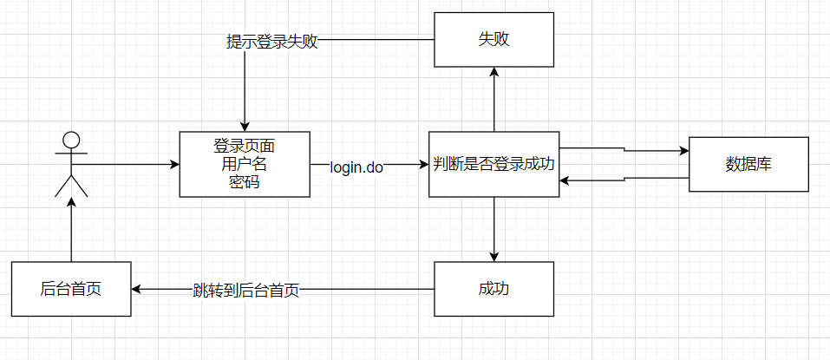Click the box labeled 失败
[x=493, y=40]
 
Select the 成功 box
[x=493, y=289]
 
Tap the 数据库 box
[x=748, y=164]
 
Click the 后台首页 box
[x=71, y=289]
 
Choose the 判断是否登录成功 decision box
[x=493, y=164]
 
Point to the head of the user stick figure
[x=71, y=139]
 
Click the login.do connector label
[x=356, y=167]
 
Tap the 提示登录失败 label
[x=271, y=41]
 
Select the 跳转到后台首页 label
[x=246, y=290]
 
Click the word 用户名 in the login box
[x=245, y=163]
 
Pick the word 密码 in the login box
[x=245, y=181]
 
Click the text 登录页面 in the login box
[x=245, y=145]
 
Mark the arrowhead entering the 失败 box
[x=493, y=73]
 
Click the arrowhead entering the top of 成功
[x=493, y=257]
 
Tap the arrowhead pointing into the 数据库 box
[x=683, y=151]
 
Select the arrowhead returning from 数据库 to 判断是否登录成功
[x=565, y=180]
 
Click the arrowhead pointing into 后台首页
[x=136, y=289]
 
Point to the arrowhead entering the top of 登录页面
[x=245, y=126]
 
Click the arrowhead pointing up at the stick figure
[x=71, y=201]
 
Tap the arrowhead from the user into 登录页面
[x=173, y=164]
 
